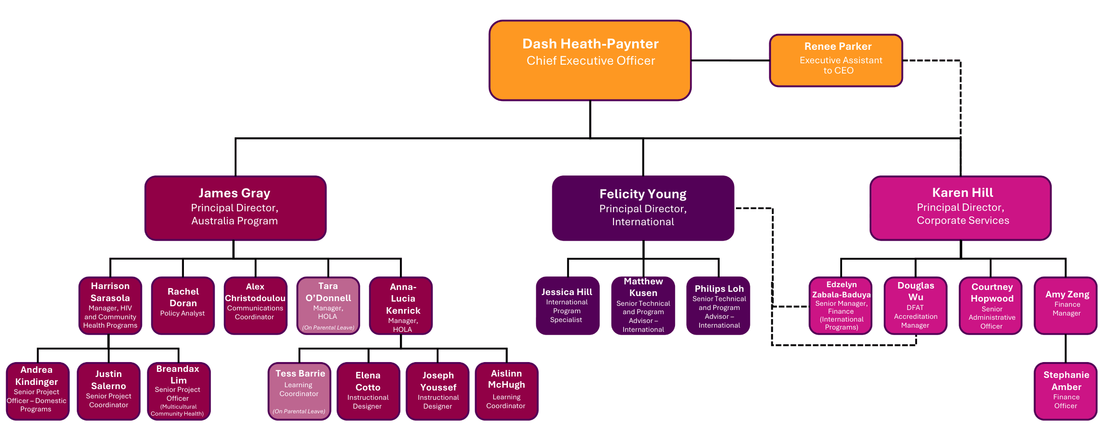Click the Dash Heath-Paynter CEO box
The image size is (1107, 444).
[590, 61]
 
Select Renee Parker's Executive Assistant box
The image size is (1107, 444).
[836, 61]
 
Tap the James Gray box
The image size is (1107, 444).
[235, 208]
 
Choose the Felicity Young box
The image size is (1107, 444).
[643, 208]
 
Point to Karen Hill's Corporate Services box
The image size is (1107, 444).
[960, 208]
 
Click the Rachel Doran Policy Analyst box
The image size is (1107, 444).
[183, 305]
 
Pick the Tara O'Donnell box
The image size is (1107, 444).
[328, 305]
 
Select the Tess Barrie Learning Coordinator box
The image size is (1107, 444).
[299, 391]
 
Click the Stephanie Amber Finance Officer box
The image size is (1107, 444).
[1066, 391]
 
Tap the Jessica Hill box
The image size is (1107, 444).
[567, 305]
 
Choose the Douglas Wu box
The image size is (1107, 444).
[915, 305]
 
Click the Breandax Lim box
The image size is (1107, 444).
[179, 391]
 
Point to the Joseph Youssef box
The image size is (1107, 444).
[438, 391]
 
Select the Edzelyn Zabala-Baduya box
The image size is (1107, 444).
[841, 305]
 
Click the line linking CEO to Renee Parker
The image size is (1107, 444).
[730, 61]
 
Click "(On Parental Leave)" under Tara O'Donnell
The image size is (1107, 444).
[328, 328]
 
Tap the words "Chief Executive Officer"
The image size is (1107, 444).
[590, 61]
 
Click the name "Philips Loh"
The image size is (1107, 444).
[719, 289]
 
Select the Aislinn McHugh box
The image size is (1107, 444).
[506, 391]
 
